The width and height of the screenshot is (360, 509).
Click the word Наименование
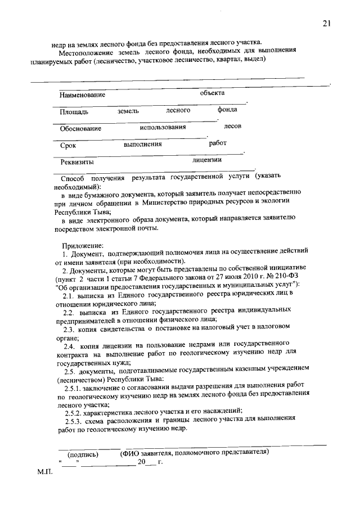click(83, 95)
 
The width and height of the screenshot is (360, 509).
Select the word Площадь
click(74, 112)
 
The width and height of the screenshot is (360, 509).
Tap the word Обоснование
click(81, 128)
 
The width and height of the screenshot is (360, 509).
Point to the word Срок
click(68, 145)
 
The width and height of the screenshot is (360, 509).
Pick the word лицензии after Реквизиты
click(207, 160)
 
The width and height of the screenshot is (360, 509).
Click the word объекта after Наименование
click(212, 92)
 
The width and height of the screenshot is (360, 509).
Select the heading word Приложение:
click(83, 245)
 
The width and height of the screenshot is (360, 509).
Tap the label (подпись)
click(83, 454)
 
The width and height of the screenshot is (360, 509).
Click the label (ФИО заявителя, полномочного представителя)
click(195, 452)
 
